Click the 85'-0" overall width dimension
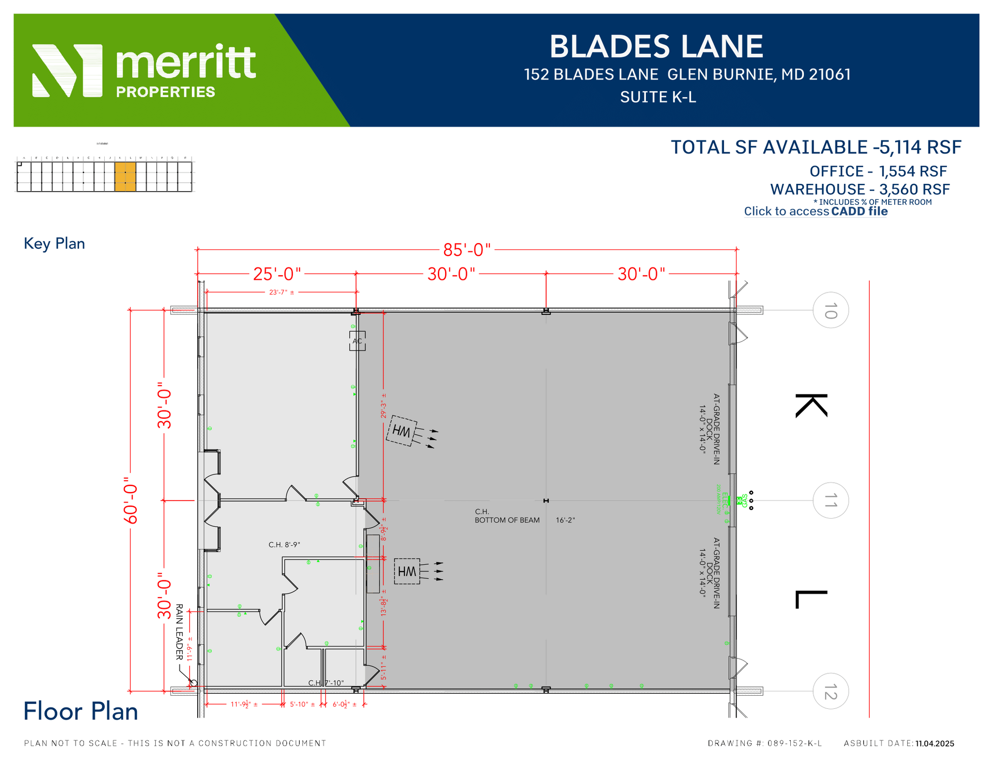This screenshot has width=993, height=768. tap(466, 250)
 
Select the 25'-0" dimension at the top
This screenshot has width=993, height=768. tap(277, 274)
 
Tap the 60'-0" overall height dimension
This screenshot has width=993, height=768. tap(131, 500)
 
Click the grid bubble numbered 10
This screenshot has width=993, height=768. tap(830, 310)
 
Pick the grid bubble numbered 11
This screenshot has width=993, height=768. tap(830, 500)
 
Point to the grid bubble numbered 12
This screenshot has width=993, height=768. tap(830, 691)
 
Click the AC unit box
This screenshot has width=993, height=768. tap(357, 341)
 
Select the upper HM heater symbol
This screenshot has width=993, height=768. tap(402, 431)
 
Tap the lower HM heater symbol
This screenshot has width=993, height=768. tap(407, 571)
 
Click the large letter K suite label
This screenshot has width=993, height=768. tap(811, 406)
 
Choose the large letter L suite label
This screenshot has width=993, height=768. tap(811, 599)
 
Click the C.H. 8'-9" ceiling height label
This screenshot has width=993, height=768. tap(284, 545)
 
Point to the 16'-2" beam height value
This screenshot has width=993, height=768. tap(565, 520)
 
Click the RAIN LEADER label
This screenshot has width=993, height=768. tap(179, 632)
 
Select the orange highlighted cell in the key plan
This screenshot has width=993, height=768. tap(125, 177)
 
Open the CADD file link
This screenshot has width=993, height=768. tap(859, 212)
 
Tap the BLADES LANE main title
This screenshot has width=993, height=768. tap(656, 47)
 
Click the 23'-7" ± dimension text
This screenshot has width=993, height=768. tap(281, 292)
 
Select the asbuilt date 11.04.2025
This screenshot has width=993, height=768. tap(934, 743)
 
